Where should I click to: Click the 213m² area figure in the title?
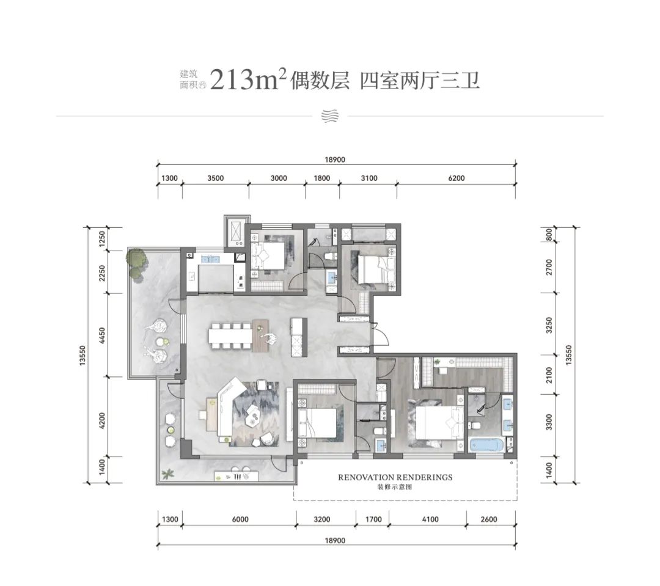[248, 79]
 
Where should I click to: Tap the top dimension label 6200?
[457, 178]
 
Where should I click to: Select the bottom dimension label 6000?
[240, 519]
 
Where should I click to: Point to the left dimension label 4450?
[101, 336]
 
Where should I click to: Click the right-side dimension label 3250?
[549, 325]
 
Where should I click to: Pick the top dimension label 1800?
[322, 178]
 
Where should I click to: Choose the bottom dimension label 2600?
[489, 519]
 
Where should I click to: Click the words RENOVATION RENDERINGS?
[395, 477]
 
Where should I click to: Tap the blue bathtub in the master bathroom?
[487, 446]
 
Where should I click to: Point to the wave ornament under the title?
[329, 115]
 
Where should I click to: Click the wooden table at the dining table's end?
[260, 335]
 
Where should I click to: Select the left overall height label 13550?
[82, 356]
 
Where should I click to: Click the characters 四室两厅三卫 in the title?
[420, 80]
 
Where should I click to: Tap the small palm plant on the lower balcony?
[167, 474]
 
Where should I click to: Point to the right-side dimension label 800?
[549, 235]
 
